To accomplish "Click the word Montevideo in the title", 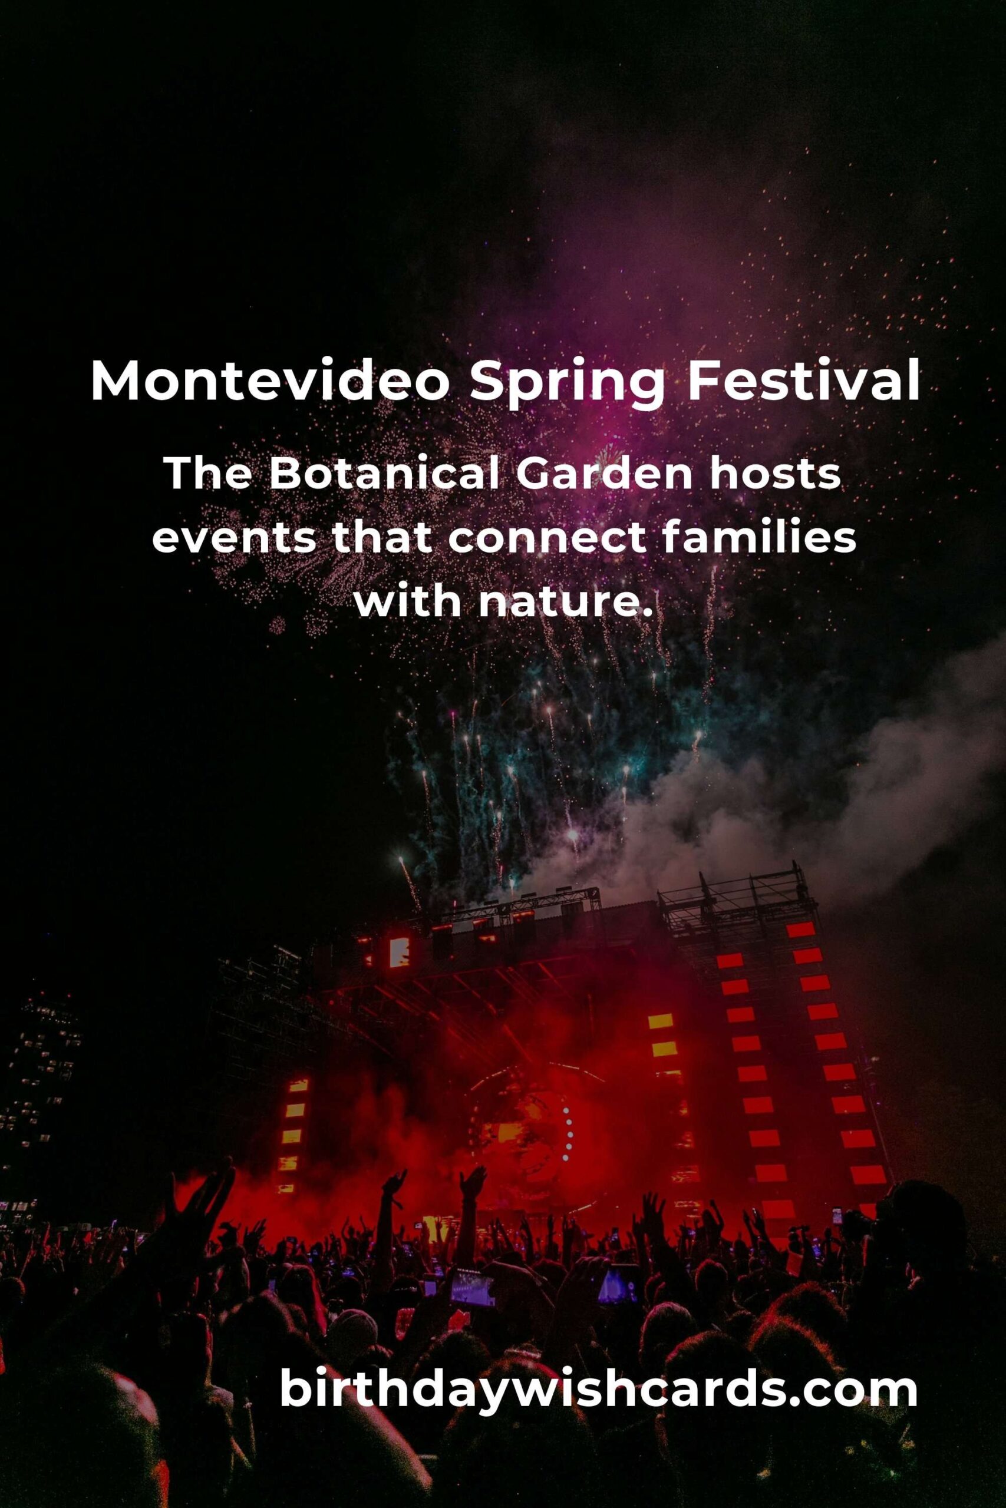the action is pyautogui.click(x=270, y=382).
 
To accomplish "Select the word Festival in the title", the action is pyautogui.click(x=804, y=382).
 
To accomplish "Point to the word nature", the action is pyautogui.click(x=565, y=604).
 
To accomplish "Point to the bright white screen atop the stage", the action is pyautogui.click(x=399, y=952).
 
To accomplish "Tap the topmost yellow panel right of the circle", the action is pyautogui.click(x=661, y=1021).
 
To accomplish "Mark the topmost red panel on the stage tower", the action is pyautogui.click(x=800, y=930).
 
